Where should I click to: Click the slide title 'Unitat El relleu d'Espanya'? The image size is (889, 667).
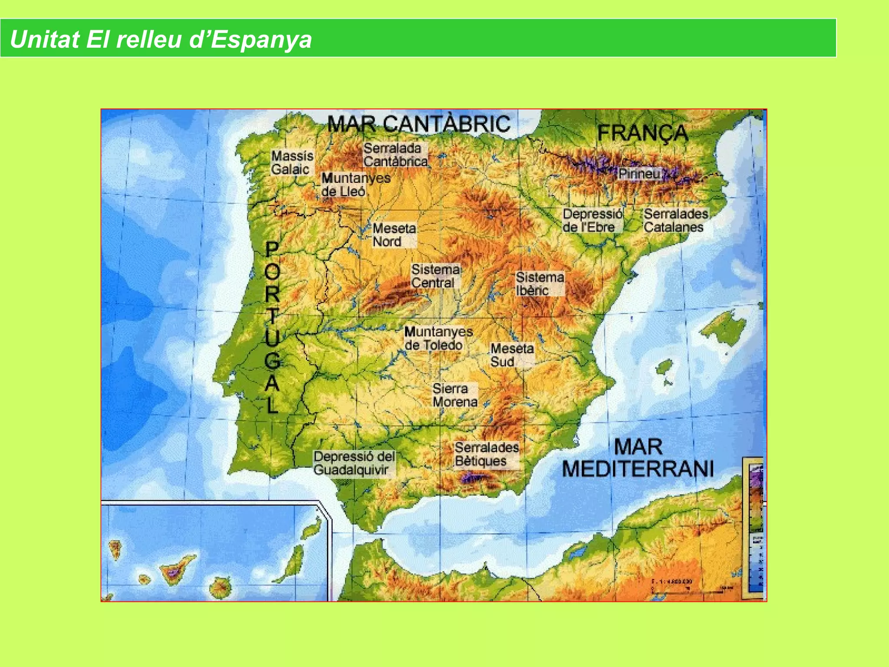(161, 39)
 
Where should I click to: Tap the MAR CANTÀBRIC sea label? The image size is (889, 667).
(418, 124)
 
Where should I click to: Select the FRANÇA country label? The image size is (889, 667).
(643, 132)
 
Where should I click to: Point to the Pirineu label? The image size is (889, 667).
(639, 174)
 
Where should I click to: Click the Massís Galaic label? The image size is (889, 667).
(292, 162)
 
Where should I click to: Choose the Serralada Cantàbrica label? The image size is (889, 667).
(395, 155)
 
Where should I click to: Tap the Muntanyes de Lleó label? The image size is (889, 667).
(356, 185)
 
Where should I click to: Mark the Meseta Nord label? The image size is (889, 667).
(394, 235)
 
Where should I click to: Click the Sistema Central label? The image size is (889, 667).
(435, 276)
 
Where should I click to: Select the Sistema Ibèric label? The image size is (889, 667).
(540, 284)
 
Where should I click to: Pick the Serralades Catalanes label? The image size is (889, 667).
(675, 221)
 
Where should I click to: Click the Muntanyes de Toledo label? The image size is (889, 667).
(438, 338)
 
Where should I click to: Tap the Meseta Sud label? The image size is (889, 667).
(512, 355)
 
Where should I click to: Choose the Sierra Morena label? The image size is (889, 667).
(454, 395)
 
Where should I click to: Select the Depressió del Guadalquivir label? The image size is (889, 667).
(354, 463)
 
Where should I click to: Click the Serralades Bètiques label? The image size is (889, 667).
(487, 454)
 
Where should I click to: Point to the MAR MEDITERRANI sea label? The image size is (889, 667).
(638, 458)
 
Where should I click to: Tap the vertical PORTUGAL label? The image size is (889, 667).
(272, 328)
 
